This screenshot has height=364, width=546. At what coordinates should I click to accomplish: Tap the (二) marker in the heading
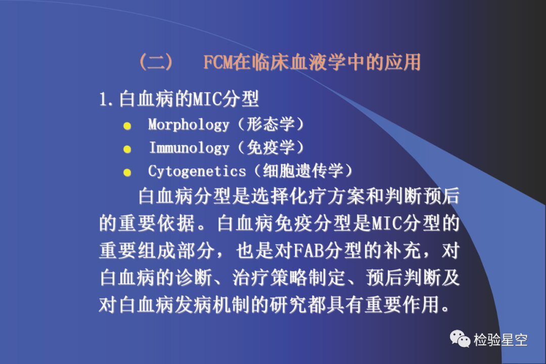(x=156, y=62)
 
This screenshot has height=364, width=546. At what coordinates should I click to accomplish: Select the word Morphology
(x=189, y=125)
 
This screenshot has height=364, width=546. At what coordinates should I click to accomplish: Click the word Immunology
(x=190, y=148)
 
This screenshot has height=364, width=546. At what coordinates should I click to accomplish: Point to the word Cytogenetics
(x=197, y=171)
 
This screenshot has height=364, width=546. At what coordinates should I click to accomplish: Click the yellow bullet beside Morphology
(x=127, y=126)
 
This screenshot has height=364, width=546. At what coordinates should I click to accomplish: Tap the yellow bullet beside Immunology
(x=127, y=150)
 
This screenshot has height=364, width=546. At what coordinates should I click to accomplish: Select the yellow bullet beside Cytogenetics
(x=127, y=172)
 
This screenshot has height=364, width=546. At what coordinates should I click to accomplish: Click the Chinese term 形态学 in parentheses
(x=270, y=124)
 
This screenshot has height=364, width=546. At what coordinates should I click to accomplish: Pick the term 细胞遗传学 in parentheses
(x=303, y=171)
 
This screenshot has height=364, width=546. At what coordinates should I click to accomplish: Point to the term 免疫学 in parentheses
(x=270, y=147)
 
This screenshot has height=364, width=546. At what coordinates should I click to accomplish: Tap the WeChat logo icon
(x=460, y=339)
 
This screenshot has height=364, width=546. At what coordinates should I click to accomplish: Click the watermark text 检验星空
(x=500, y=340)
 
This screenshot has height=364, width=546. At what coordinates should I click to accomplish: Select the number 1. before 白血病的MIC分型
(x=106, y=99)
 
